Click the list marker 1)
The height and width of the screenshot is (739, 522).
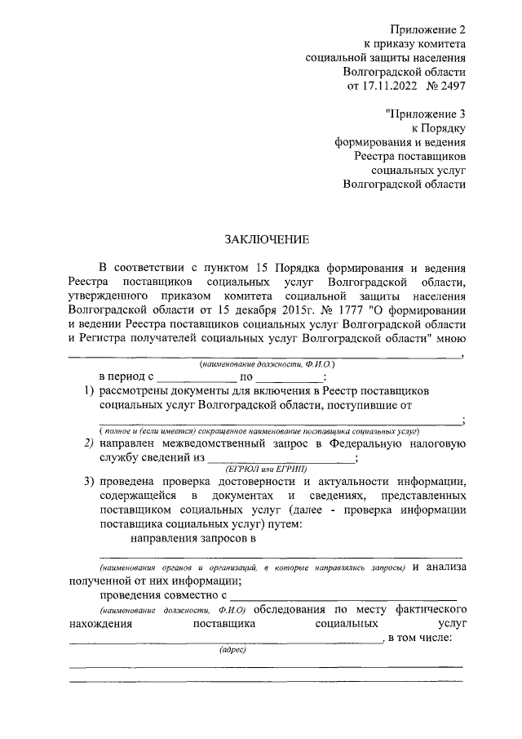90,391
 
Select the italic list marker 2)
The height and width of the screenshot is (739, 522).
90,444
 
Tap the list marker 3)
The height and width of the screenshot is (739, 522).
90,483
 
